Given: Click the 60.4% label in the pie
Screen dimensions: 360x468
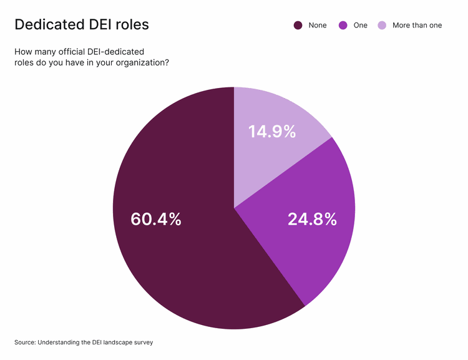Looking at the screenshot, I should coord(156,219).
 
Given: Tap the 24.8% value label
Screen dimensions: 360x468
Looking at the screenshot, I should coord(312,219).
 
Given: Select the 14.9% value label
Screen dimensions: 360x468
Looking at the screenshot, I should coord(272,132).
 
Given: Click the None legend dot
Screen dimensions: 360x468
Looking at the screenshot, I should coord(298,26).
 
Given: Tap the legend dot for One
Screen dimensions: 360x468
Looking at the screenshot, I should coord(343,26).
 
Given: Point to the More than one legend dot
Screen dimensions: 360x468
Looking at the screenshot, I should coord(381,26).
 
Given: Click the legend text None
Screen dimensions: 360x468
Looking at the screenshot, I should coord(317,26).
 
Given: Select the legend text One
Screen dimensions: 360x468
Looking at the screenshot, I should coord(360,26).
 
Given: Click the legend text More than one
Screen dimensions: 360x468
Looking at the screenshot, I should coord(417,26).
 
